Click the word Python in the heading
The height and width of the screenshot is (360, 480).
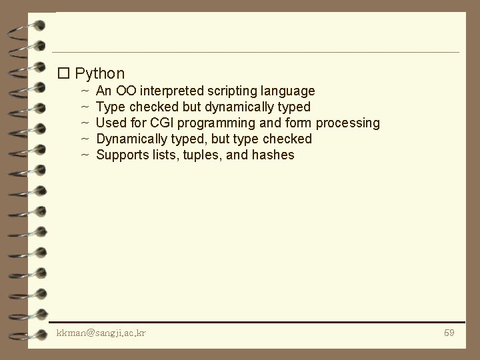point(100,73)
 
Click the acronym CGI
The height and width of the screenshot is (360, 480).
point(159,123)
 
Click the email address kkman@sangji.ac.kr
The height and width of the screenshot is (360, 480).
point(101,333)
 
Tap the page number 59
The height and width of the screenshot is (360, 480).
point(449,333)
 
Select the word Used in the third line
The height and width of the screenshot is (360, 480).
point(109,123)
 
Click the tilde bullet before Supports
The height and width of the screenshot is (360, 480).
point(85,155)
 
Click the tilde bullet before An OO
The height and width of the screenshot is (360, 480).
point(85,90)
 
